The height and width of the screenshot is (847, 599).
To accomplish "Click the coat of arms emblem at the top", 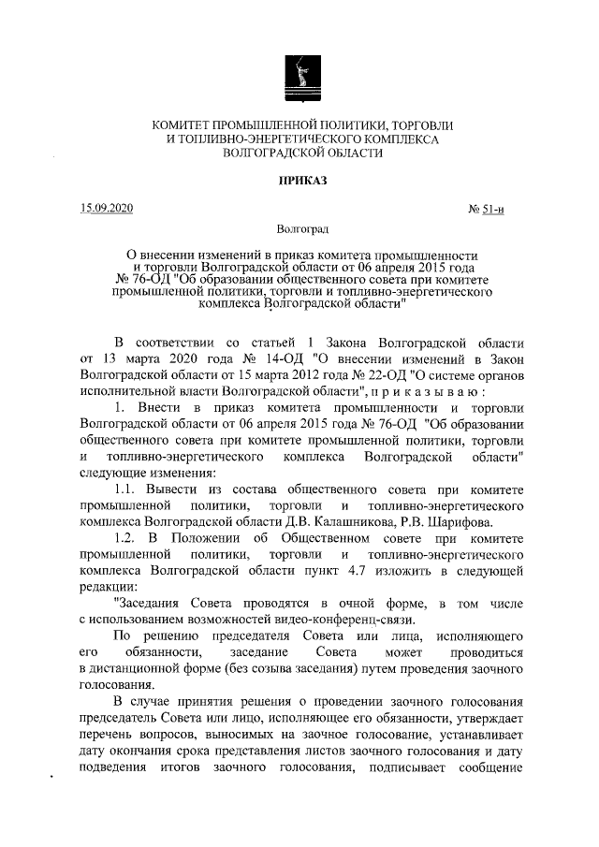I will point(299,75).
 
